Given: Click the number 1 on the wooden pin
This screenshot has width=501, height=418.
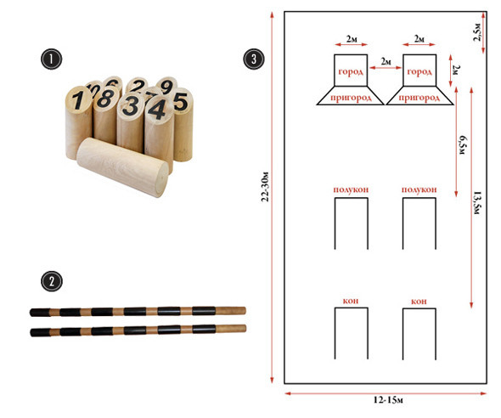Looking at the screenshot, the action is tap(77, 99).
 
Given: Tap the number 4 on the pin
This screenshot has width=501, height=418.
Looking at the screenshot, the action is tap(158, 109).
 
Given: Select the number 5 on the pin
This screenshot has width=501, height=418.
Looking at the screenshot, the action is tap(181, 102).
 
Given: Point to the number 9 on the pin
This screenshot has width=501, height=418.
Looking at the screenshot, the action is tap(166, 87).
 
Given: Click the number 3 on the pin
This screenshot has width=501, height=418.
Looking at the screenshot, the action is tap(131, 106).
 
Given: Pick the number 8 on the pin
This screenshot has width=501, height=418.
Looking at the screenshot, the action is tap(105, 99).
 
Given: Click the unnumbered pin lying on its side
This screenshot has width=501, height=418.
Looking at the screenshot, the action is tap(122, 167).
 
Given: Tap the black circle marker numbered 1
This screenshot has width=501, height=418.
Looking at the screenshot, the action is tap(51, 59).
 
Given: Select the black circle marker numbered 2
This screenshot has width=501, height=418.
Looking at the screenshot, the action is tap(52, 281).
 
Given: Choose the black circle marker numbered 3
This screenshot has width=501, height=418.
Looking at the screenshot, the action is tap(254, 59).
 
